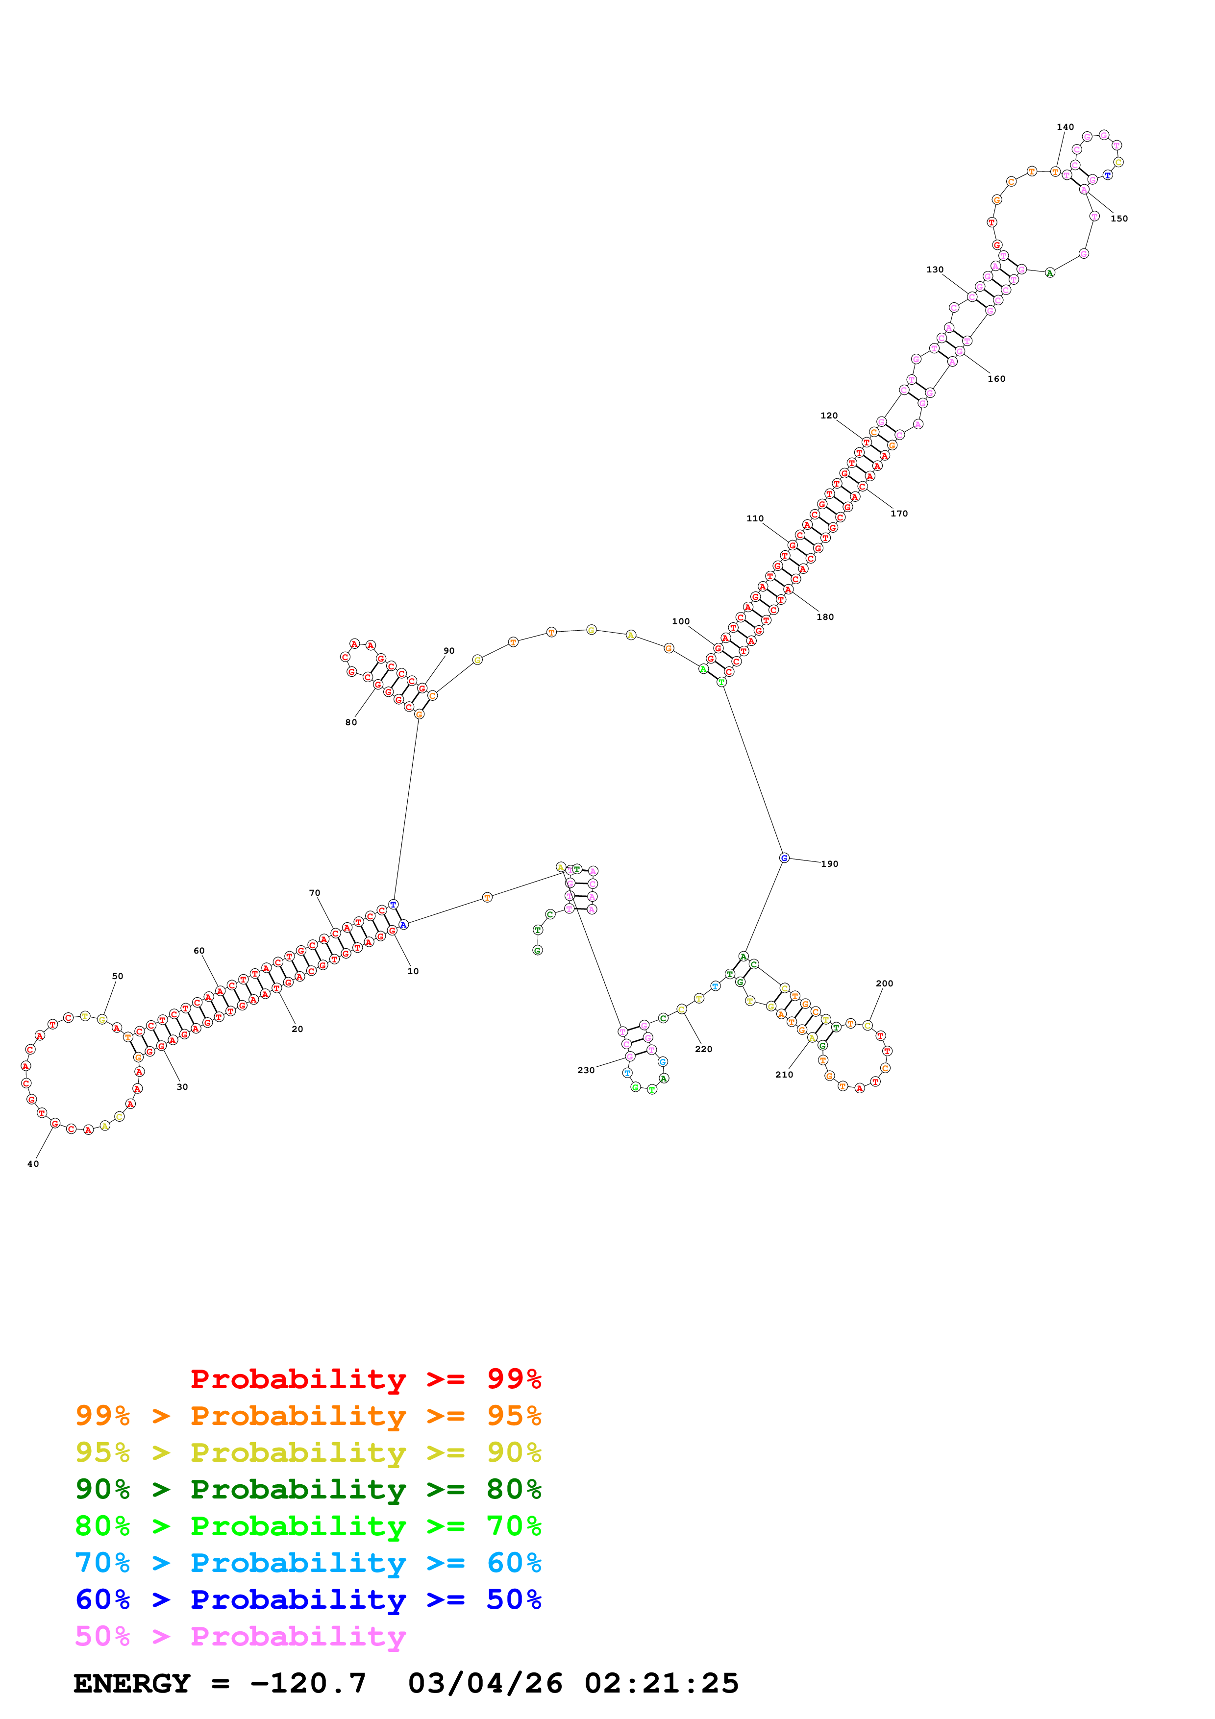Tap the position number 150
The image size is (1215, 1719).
click(1118, 219)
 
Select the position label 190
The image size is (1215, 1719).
click(829, 864)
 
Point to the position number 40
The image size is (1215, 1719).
click(33, 1164)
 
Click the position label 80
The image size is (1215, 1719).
click(351, 722)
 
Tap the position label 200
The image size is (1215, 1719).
click(884, 984)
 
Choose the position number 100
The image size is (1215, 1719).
click(680, 621)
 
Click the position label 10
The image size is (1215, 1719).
click(413, 971)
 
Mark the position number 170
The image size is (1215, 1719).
click(899, 514)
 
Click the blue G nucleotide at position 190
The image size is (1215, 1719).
click(784, 858)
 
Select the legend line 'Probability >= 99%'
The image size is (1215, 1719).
click(365, 1379)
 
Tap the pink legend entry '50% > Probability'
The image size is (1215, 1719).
click(240, 1637)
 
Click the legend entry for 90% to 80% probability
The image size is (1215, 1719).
click(308, 1489)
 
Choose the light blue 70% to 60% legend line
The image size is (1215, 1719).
click(308, 1563)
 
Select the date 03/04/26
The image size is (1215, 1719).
click(485, 1683)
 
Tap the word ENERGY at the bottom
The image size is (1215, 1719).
click(132, 1683)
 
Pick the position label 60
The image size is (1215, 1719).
click(199, 951)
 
